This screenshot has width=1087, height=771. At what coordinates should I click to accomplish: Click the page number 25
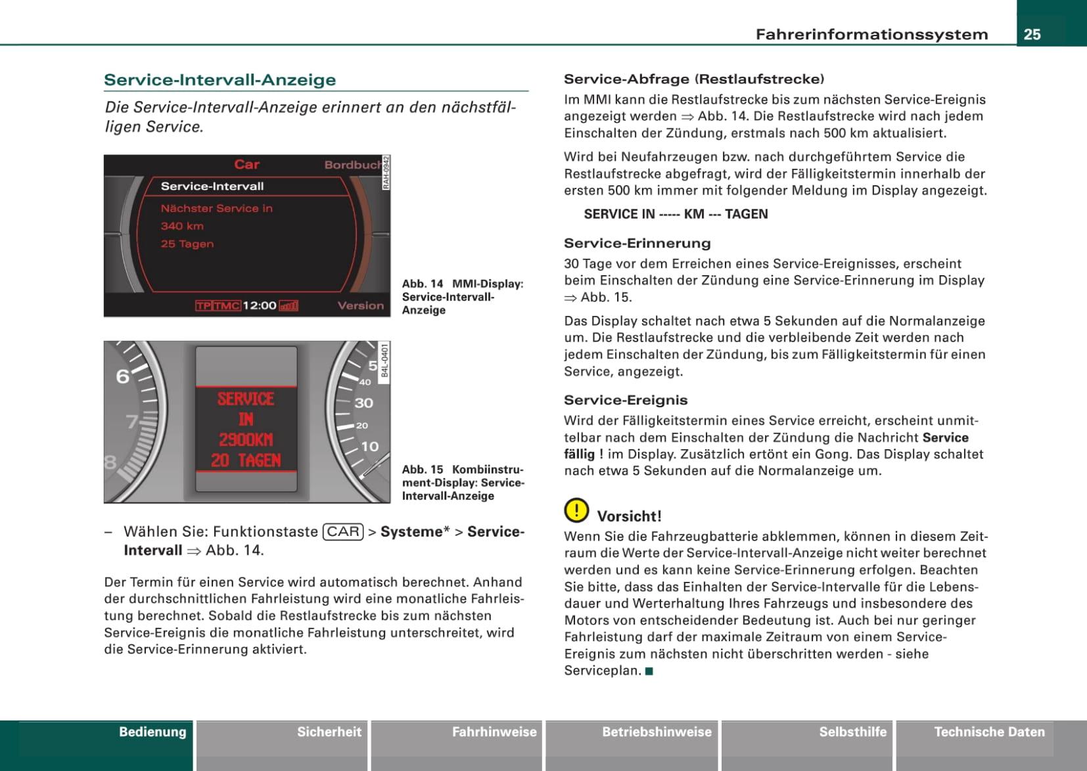pyautogui.click(x=1032, y=34)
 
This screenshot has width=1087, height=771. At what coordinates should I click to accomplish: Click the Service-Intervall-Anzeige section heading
pyautogui.click(x=220, y=80)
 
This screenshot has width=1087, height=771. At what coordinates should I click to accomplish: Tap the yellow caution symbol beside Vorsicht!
pyautogui.click(x=576, y=510)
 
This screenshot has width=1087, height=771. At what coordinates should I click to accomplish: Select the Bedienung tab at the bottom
pyautogui.click(x=152, y=732)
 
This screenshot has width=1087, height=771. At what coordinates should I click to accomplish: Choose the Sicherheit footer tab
pyautogui.click(x=329, y=732)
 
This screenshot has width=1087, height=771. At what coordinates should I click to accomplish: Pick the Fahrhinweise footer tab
pyautogui.click(x=494, y=732)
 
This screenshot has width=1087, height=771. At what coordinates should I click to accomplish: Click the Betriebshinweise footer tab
pyautogui.click(x=657, y=732)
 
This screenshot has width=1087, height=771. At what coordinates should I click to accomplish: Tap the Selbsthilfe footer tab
pyautogui.click(x=852, y=732)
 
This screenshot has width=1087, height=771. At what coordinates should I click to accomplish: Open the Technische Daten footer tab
pyautogui.click(x=989, y=732)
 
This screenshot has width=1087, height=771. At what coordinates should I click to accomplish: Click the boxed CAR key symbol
pyautogui.click(x=343, y=531)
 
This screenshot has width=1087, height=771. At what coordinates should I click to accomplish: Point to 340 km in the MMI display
pyautogui.click(x=182, y=226)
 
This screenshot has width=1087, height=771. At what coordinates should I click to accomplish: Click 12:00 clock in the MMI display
pyautogui.click(x=260, y=305)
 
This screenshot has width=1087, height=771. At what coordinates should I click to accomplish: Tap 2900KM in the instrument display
pyautogui.click(x=246, y=439)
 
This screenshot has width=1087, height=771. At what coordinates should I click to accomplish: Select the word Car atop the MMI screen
pyautogui.click(x=246, y=164)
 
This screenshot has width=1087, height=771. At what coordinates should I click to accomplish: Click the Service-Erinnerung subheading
pyautogui.click(x=637, y=243)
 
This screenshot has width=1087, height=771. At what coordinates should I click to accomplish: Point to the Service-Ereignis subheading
pyautogui.click(x=625, y=400)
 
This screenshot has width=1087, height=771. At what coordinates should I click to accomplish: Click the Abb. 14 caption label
pyautogui.click(x=423, y=284)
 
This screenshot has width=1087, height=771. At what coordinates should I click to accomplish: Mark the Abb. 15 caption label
pyautogui.click(x=423, y=470)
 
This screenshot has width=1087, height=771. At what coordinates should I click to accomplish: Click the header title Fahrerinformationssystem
pyautogui.click(x=871, y=34)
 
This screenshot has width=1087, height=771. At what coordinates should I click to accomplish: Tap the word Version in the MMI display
pyautogui.click(x=360, y=305)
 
